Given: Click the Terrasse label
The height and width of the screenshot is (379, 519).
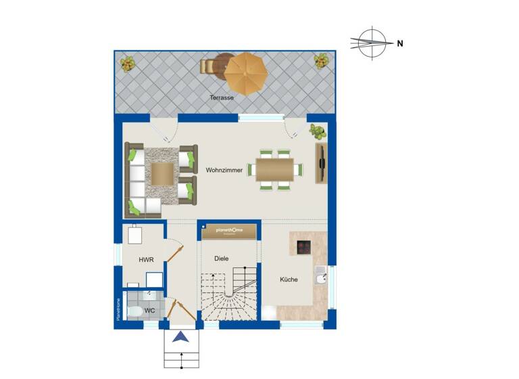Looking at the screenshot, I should [x=222, y=98].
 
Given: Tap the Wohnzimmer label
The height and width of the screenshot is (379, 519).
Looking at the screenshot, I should [x=224, y=171].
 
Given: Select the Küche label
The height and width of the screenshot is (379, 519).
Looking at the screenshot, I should [x=289, y=279].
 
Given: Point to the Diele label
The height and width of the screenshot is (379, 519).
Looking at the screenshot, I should [x=221, y=259].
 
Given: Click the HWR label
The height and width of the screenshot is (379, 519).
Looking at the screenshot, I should [x=145, y=260].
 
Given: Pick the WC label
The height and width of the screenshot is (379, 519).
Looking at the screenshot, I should [x=149, y=311].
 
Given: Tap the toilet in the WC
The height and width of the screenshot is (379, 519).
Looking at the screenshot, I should [x=134, y=312].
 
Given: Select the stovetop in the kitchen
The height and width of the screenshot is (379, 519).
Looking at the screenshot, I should [x=303, y=246].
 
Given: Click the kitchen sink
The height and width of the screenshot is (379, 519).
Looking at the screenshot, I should [x=320, y=275].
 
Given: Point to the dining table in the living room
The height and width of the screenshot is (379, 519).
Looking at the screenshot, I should [x=274, y=169].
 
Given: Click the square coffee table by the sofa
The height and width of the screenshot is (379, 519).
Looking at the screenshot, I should [x=162, y=173].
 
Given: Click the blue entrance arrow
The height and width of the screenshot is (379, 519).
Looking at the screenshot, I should [x=180, y=338].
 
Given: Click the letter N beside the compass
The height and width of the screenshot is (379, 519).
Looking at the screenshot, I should [x=400, y=43].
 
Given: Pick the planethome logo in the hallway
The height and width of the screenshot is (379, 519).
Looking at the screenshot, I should [x=230, y=231].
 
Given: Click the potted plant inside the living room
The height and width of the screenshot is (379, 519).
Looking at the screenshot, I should [x=317, y=131].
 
